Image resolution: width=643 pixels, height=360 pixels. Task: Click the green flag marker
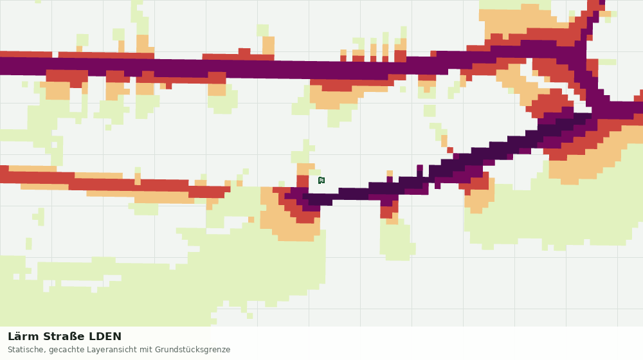[x=321, y=181]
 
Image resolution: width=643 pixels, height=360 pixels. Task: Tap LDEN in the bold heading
[x=105, y=337]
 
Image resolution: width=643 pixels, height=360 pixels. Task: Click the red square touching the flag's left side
[x=303, y=181]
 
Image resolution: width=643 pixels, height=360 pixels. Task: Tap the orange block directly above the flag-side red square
[x=305, y=169]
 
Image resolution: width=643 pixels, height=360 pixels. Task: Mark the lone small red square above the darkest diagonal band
[x=450, y=150]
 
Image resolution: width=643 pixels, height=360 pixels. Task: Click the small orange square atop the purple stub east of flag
[x=390, y=174]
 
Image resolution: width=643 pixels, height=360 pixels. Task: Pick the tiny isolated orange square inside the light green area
[x=251, y=220]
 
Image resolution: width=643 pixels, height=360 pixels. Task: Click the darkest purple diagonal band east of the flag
[x=451, y=164]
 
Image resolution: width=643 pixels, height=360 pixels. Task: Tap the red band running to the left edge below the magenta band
[x=115, y=182]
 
